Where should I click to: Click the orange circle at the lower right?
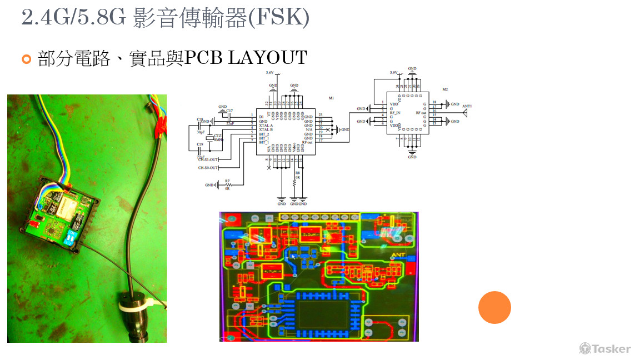494,307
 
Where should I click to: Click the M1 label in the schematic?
331,98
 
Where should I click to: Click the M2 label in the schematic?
445,89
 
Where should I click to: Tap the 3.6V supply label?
270,73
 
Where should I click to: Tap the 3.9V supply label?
394,73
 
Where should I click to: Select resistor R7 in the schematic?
227,184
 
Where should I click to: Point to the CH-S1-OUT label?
208,159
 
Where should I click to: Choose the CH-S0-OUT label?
208,168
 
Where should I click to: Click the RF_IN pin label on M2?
395,112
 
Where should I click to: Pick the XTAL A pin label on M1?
266,126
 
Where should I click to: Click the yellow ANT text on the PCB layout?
399,256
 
